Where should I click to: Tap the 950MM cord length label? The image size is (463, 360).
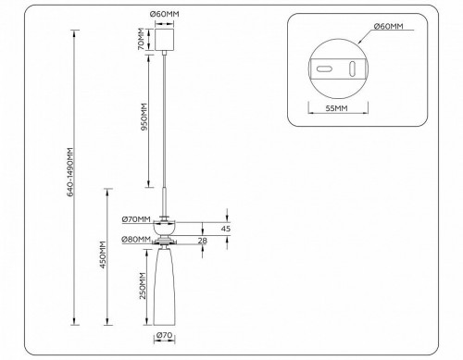click(141, 115)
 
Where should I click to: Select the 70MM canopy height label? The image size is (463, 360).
click(141, 41)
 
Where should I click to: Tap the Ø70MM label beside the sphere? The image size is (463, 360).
click(135, 219)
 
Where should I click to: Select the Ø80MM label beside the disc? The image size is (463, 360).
click(135, 242)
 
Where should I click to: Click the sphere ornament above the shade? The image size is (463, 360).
click(166, 228)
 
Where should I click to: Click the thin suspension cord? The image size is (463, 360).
click(166, 130)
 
